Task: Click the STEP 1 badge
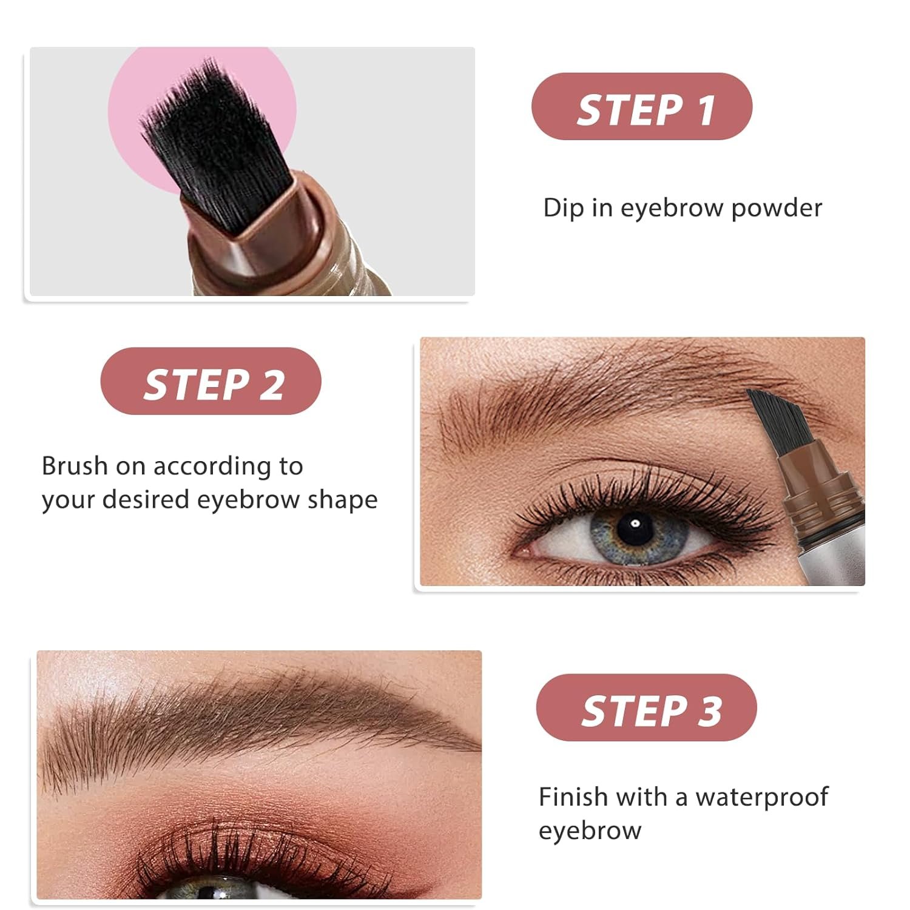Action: (642, 106)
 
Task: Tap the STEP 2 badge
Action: (211, 381)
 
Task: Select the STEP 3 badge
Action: (647, 707)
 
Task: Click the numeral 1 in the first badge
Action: (706, 110)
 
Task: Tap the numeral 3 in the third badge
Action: (710, 711)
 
